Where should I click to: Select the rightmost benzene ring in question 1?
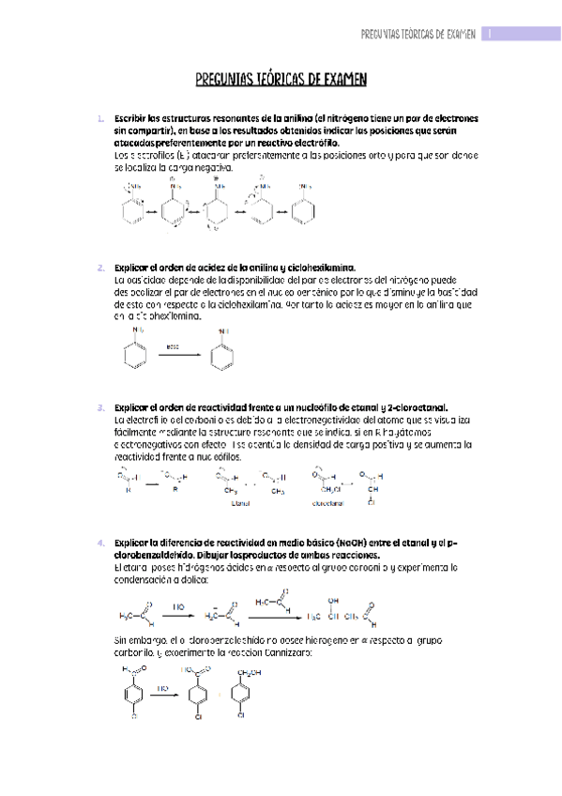click(x=305, y=210)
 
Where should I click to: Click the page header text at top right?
click(x=418, y=33)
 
